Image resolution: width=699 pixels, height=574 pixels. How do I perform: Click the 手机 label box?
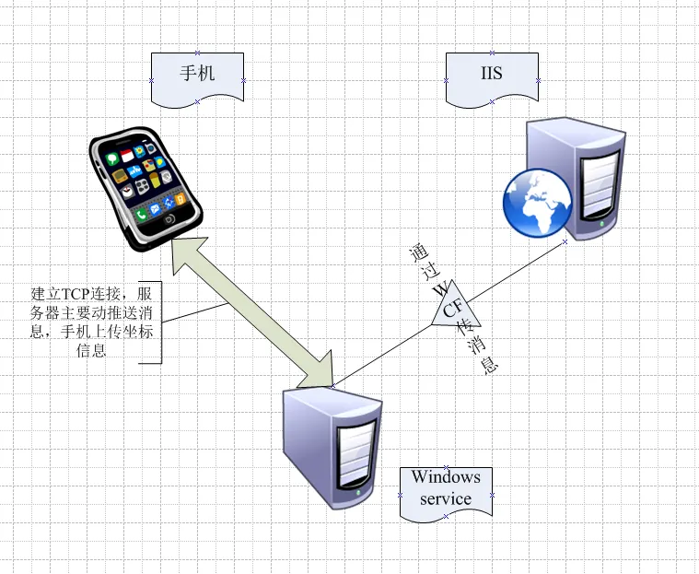click(x=197, y=79)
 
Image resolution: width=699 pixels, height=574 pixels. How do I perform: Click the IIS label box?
click(x=492, y=79)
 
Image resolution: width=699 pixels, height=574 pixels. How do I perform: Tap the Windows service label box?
click(x=446, y=494)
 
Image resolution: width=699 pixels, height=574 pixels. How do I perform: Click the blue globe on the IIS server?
click(x=537, y=202)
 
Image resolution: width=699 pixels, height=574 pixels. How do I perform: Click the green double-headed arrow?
click(x=252, y=312)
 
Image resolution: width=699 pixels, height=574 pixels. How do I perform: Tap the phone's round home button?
click(x=169, y=219)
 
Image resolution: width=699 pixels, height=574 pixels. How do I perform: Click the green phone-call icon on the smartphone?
click(x=141, y=216)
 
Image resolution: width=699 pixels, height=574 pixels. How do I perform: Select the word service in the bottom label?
click(x=446, y=498)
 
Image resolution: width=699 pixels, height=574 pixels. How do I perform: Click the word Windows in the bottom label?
click(x=446, y=476)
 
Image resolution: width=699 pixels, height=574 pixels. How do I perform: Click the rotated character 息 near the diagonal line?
click(x=489, y=366)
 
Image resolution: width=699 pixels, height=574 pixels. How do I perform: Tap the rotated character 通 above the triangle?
click(x=419, y=252)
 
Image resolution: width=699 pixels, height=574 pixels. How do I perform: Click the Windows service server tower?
click(x=332, y=448)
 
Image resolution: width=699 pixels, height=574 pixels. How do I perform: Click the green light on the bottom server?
click(x=358, y=493)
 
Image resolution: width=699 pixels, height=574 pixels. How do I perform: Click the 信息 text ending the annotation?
click(x=91, y=350)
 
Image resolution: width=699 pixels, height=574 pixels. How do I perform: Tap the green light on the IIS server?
click(x=601, y=223)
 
